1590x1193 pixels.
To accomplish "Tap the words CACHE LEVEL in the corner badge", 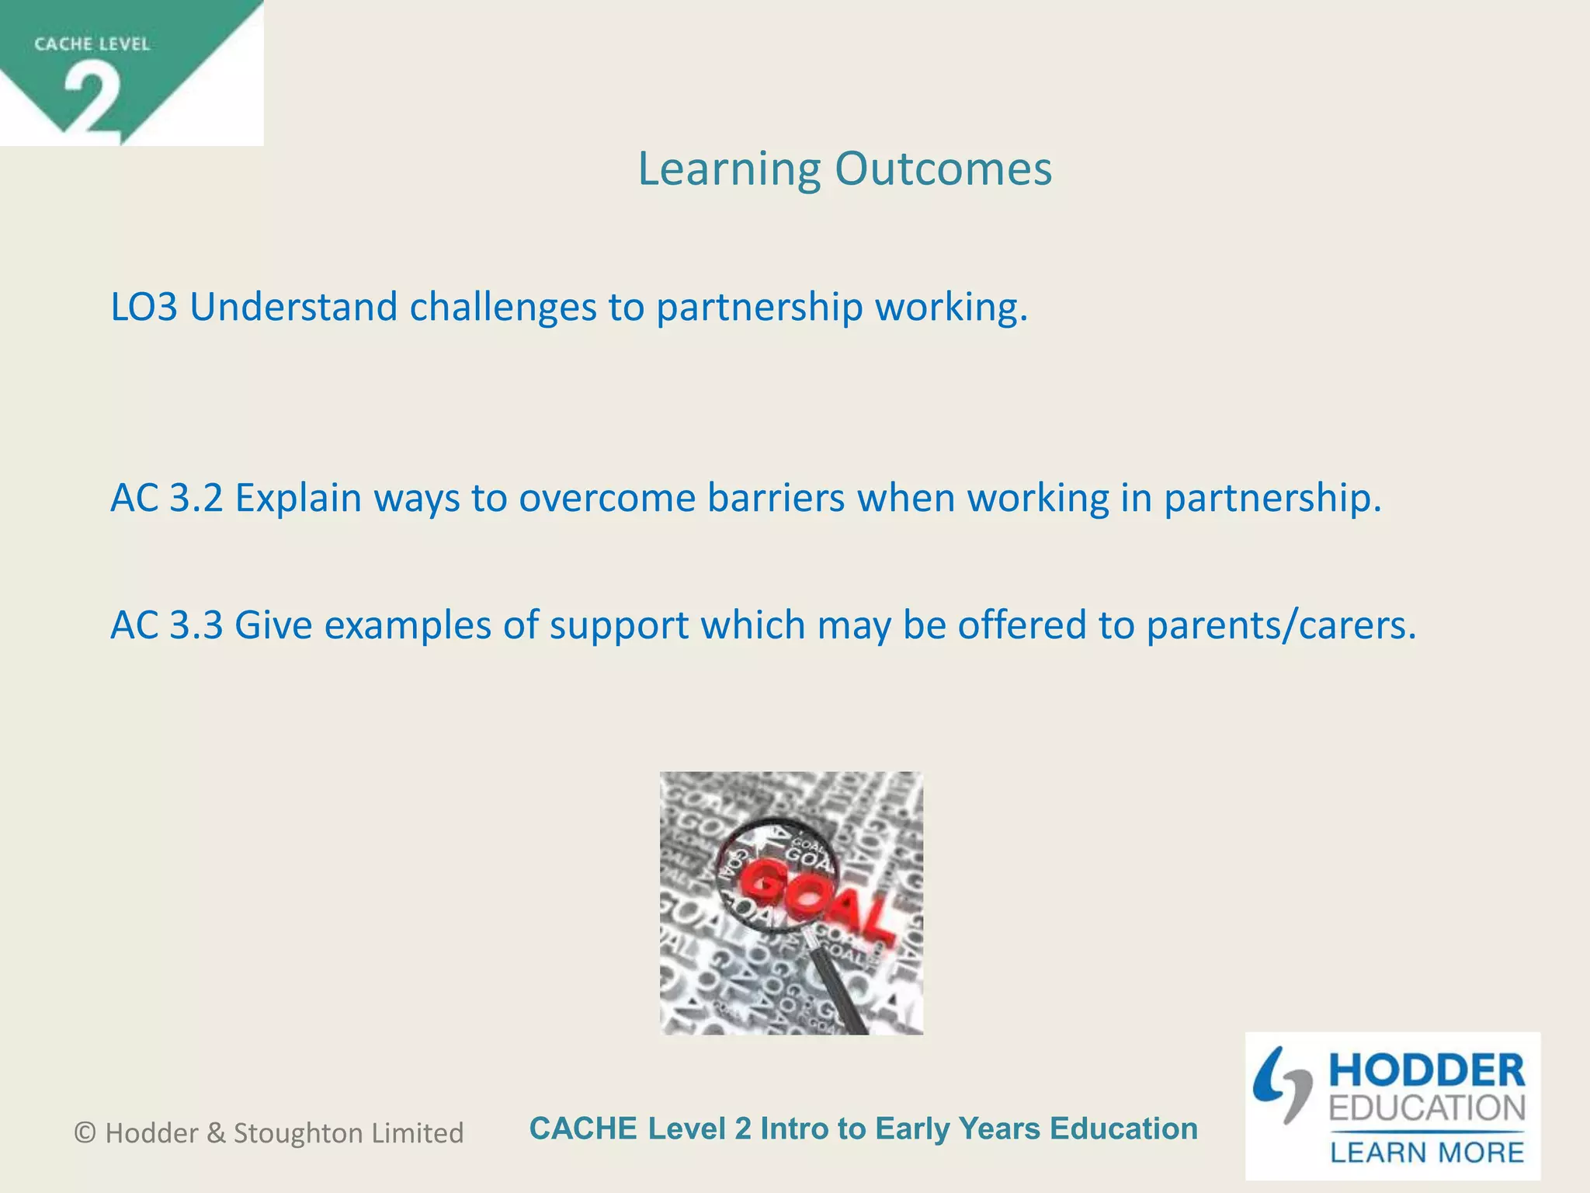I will click(x=92, y=44).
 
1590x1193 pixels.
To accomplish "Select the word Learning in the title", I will click(x=729, y=170).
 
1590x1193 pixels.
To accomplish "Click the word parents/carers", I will click(x=1281, y=626).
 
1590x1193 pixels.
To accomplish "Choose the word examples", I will click(x=408, y=626).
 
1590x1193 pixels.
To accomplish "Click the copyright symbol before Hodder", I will click(x=85, y=1133).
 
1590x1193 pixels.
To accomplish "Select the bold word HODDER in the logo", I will click(x=1427, y=1071).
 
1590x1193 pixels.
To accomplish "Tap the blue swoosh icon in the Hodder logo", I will click(x=1281, y=1083).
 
